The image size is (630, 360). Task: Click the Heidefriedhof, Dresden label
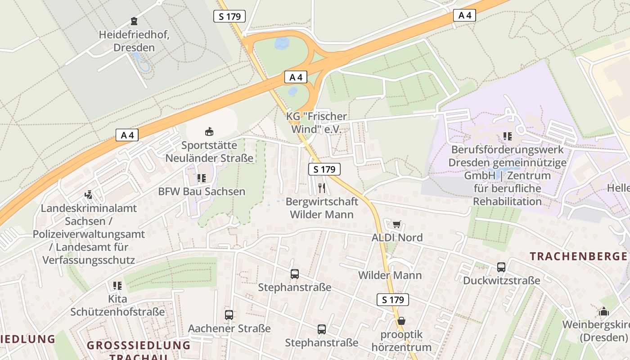tap(134, 41)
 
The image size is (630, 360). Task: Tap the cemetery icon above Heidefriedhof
tap(134, 21)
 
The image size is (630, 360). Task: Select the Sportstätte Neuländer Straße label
tap(209, 152)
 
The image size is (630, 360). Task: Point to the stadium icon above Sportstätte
tap(209, 132)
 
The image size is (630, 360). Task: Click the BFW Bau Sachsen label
tap(202, 191)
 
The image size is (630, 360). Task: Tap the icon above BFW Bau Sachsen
tap(201, 178)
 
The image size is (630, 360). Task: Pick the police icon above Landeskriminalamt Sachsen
tap(89, 195)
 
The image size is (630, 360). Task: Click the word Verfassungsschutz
tap(89, 260)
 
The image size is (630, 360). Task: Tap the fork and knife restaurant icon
tap(321, 188)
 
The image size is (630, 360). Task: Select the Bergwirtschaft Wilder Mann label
tap(322, 207)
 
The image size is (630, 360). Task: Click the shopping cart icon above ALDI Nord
tap(396, 224)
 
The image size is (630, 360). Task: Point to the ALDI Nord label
tap(397, 237)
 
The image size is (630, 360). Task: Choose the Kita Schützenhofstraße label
tap(117, 305)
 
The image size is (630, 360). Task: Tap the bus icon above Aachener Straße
tap(229, 315)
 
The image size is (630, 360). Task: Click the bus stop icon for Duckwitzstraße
tap(501, 267)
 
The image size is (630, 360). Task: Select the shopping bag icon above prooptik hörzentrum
tap(401, 321)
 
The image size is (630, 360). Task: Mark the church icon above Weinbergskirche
tap(603, 311)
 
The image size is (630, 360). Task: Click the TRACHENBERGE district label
tap(578, 256)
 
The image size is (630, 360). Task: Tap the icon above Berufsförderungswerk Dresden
tap(508, 136)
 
